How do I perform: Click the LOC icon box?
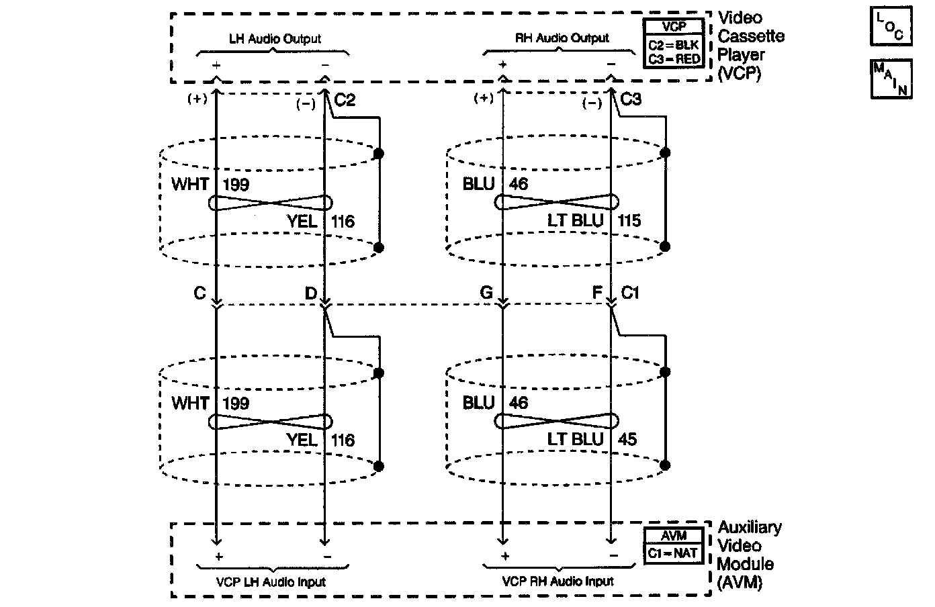point(891,26)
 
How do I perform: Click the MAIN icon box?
point(891,79)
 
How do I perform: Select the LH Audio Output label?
point(275,39)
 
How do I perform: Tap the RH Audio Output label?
point(562,38)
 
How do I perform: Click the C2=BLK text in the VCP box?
point(673,44)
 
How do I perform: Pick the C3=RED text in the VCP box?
point(674,59)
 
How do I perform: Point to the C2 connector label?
point(345,100)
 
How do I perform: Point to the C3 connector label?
point(631,99)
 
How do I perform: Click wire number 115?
point(629,220)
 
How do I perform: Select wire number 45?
point(627,439)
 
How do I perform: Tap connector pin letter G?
point(486,293)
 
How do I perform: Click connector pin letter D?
point(311,293)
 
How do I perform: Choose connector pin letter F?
point(597,293)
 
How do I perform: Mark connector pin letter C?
point(200,293)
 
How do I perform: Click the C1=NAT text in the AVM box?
point(672,553)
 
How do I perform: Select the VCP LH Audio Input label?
point(271,582)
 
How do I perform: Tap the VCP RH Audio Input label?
point(558,581)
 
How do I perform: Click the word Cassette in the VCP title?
point(751,36)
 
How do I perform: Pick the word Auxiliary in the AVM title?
point(750,528)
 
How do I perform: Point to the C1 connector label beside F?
point(630,293)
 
